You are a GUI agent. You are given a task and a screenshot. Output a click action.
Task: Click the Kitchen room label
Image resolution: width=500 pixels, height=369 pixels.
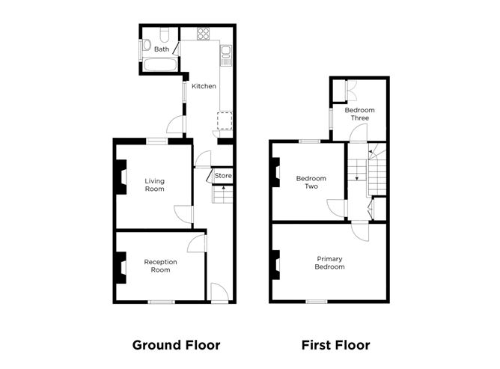(x=204, y=86)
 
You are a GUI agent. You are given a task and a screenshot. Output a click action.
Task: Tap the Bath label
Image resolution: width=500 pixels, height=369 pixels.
(x=162, y=49)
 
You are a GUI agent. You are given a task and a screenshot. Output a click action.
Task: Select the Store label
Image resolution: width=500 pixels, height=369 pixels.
(x=223, y=176)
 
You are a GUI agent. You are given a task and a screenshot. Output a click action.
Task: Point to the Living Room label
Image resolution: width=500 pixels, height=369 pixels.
(x=155, y=185)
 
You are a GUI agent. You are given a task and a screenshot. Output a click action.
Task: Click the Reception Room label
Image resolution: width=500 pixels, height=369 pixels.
(x=160, y=266)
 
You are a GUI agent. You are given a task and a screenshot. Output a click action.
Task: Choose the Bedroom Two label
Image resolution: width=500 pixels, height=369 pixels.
(x=311, y=183)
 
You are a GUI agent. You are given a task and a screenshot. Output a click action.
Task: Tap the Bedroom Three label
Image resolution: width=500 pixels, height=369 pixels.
(x=360, y=114)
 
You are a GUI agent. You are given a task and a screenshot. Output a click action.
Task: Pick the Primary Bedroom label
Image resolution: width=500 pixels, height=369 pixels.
(x=330, y=263)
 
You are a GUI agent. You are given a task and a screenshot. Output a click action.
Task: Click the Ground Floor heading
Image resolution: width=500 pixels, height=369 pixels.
(x=176, y=345)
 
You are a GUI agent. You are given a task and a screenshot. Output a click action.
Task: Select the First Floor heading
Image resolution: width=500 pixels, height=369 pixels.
(x=336, y=345)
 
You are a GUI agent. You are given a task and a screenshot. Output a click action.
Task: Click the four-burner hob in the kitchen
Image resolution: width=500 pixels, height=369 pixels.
(x=203, y=34)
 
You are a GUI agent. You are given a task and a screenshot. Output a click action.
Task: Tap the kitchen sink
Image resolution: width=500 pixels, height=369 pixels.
(x=226, y=55)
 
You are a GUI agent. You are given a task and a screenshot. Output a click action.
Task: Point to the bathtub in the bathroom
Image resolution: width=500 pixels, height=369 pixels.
(x=159, y=64)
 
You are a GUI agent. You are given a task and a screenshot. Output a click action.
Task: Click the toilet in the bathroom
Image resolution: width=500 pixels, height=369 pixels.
(x=165, y=35)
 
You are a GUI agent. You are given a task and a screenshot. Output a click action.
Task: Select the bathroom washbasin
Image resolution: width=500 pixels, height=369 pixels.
(x=147, y=45)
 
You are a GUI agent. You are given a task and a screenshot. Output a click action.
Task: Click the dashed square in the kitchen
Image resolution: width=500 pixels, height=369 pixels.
(x=225, y=121)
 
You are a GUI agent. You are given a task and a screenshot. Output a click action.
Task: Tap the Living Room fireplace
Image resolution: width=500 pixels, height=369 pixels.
(x=121, y=177)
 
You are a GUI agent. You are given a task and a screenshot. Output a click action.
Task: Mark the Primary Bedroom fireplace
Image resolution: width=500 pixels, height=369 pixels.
(x=276, y=265)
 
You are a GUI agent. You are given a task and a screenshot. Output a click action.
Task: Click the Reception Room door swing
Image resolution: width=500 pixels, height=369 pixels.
(x=196, y=244)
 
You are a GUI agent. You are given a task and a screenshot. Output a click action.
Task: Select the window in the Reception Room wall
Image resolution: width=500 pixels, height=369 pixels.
(x=162, y=302)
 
